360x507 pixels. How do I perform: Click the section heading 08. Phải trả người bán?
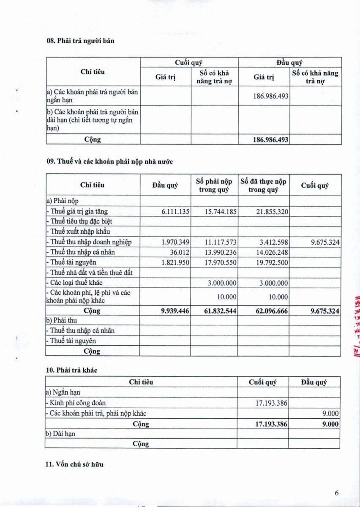(80, 41)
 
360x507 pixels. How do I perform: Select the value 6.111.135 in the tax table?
(175, 212)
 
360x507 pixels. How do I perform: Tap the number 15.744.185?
(221, 212)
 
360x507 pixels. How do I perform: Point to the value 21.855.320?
(272, 212)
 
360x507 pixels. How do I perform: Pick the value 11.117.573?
(221, 242)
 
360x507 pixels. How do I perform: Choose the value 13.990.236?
(221, 252)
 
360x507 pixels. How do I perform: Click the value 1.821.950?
(175, 262)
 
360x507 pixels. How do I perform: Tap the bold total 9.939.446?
(175, 311)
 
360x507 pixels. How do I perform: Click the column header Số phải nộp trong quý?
(214, 185)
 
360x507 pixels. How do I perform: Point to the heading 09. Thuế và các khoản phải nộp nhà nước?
(109, 161)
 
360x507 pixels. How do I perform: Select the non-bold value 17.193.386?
(271, 403)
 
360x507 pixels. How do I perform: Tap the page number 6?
(337, 493)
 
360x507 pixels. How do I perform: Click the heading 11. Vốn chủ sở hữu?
(74, 464)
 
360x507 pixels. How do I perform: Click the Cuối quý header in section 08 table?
(189, 62)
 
